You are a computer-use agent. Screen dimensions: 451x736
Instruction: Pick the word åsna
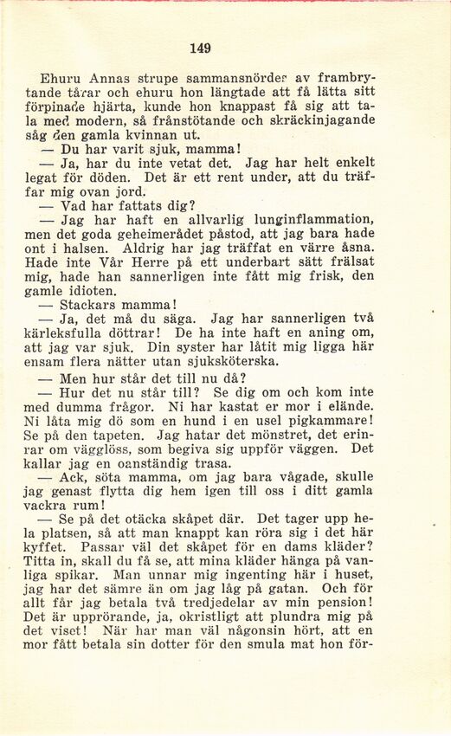(x=356, y=247)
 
